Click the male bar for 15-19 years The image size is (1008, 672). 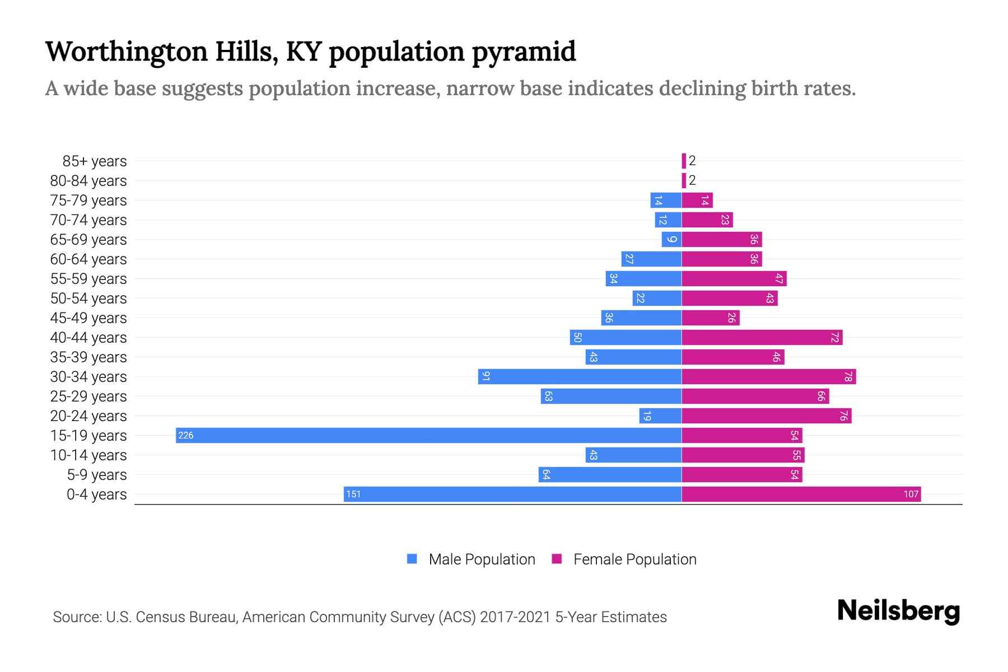pyautogui.click(x=428, y=436)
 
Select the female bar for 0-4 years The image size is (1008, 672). pyautogui.click(x=801, y=494)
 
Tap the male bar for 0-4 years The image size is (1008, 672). pyautogui.click(x=512, y=494)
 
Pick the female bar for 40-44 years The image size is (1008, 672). pyautogui.click(x=762, y=338)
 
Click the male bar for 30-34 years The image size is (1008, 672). pyautogui.click(x=580, y=377)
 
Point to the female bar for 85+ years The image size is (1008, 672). pyautogui.click(x=684, y=161)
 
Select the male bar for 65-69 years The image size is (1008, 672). pyautogui.click(x=671, y=240)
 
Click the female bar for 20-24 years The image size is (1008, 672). pyautogui.click(x=766, y=416)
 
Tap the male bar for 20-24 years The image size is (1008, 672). pyautogui.click(x=660, y=416)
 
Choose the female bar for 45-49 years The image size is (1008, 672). pyautogui.click(x=710, y=318)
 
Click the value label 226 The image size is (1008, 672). pyautogui.click(x=186, y=436)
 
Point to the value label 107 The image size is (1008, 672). pyautogui.click(x=911, y=494)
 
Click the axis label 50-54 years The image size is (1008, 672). pyautogui.click(x=88, y=298)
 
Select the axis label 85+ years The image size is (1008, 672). pyautogui.click(x=95, y=161)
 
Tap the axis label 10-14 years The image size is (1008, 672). pyautogui.click(x=88, y=455)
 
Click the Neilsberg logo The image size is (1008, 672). pyautogui.click(x=898, y=611)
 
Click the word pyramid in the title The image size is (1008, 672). pyautogui.click(x=524, y=52)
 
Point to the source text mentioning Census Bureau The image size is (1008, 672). pyautogui.click(x=360, y=617)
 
